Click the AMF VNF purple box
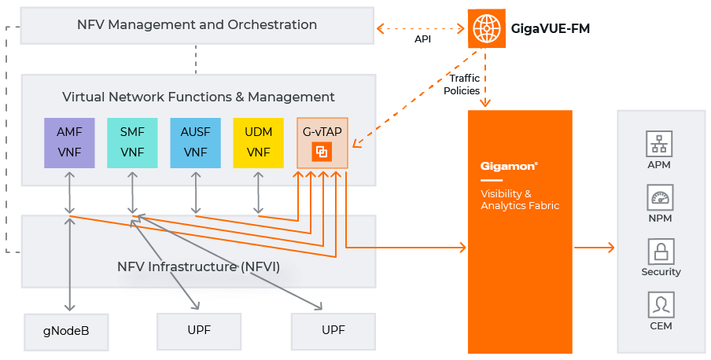[69, 142]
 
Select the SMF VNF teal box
[132, 142]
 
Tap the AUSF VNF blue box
[195, 142]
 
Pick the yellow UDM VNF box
[258, 142]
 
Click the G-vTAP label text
[322, 131]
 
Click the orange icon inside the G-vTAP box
[322, 152]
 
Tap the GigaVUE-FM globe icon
[487, 28]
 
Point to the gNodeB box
[66, 330]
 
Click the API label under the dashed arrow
[422, 38]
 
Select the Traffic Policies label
[462, 85]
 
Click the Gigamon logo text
[509, 167]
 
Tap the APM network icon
[660, 144]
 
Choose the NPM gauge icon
[660, 197]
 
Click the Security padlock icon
[660, 252]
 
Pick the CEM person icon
[660, 304]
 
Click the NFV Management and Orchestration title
[197, 24]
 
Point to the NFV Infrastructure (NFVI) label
[198, 266]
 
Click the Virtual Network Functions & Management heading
[198, 97]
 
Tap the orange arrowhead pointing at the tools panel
[610, 248]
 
